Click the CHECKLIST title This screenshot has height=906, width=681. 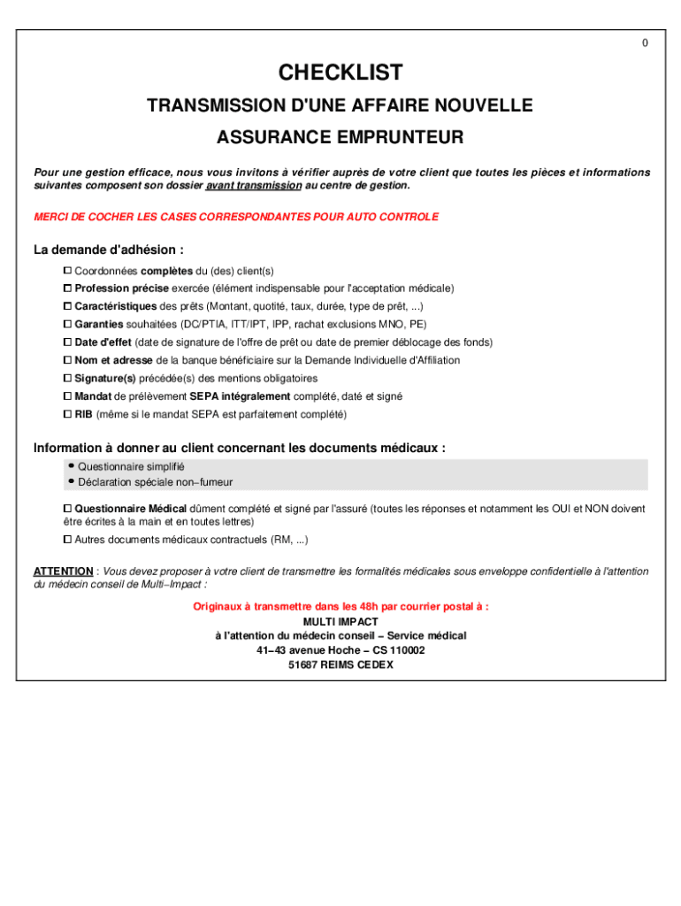click(x=340, y=73)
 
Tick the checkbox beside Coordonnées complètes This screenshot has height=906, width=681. click(x=67, y=270)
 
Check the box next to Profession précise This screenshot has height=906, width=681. click(x=67, y=288)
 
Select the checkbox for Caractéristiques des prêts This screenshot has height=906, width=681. click(x=67, y=306)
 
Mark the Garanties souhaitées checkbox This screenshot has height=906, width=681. click(x=67, y=324)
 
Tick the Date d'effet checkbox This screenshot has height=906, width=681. click(x=67, y=342)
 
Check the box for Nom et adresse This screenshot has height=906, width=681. click(x=67, y=360)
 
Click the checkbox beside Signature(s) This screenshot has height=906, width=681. click(x=67, y=378)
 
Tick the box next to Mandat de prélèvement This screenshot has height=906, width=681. click(x=67, y=396)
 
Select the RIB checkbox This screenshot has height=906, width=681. click(x=67, y=414)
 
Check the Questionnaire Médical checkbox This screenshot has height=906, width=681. click(x=67, y=509)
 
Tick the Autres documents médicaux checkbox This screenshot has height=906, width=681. click(x=67, y=539)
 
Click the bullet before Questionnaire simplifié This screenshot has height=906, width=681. click(x=71, y=465)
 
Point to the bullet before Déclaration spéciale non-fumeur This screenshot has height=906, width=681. click(x=71, y=481)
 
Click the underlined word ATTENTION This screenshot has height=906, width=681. click(x=63, y=572)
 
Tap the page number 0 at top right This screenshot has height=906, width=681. click(x=645, y=43)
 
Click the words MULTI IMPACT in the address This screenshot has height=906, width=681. click(x=340, y=622)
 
